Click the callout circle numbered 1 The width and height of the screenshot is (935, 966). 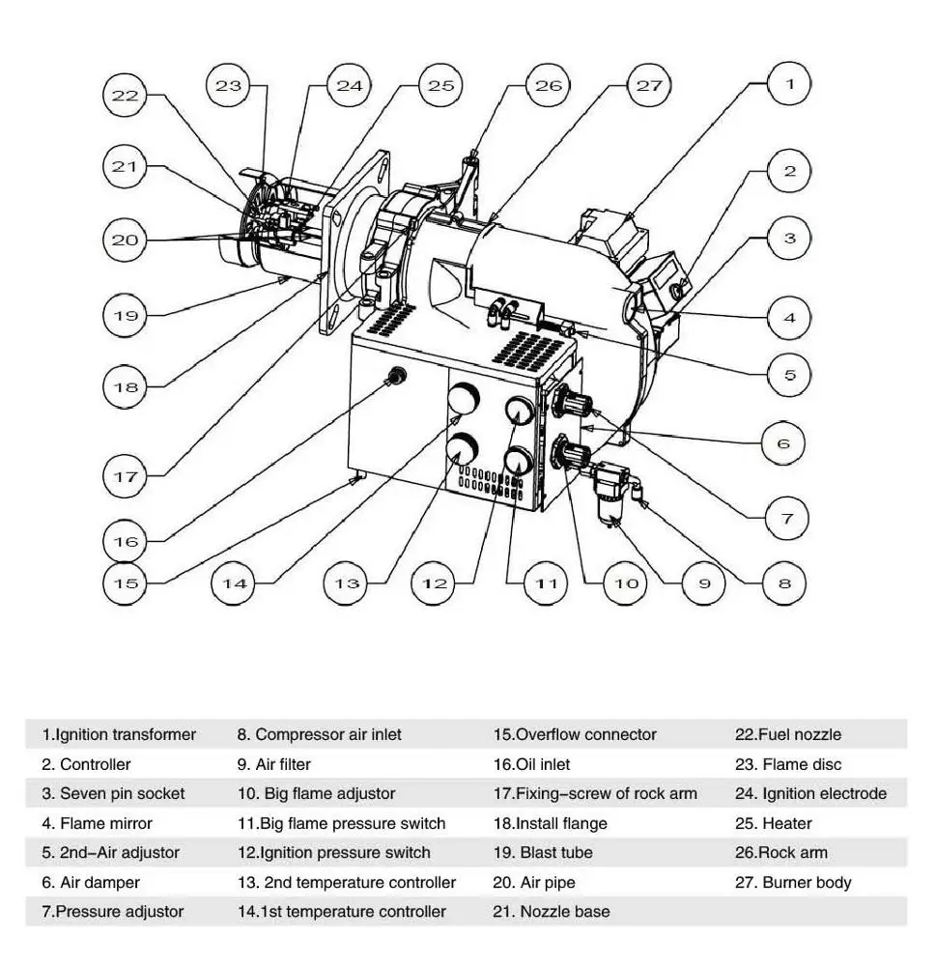coord(790,84)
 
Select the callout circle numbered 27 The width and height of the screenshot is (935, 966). coord(649,85)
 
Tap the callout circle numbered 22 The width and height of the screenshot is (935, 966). coord(126,95)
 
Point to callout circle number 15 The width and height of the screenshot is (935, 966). coord(126,583)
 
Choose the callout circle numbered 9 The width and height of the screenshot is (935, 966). coord(704,583)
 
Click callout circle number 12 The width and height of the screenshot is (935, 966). coord(435,583)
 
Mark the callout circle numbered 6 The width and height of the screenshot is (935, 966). coord(782,443)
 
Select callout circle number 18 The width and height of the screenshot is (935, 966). coord(126,386)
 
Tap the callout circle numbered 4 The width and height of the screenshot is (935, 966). coord(790,316)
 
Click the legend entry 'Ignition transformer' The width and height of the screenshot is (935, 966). coord(118,735)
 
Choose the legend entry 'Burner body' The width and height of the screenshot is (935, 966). coord(793,883)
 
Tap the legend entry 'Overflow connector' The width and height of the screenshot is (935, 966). coord(574,735)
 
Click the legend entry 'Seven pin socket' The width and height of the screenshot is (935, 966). coord(113,794)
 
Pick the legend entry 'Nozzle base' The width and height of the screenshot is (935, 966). coord(552,912)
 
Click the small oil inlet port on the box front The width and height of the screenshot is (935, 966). coord(394,376)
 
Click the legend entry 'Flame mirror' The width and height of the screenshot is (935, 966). coord(97,824)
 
